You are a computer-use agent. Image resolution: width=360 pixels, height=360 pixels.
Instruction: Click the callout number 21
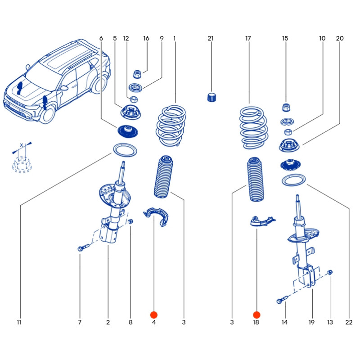[x=210, y=39]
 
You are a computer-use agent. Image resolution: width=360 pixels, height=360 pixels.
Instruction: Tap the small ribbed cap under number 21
[x=212, y=97]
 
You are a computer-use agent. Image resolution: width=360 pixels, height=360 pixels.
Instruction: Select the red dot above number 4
[x=154, y=315]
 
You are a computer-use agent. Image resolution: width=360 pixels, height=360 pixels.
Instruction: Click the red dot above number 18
[x=256, y=315]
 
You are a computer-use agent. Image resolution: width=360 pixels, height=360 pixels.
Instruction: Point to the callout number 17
[x=248, y=39]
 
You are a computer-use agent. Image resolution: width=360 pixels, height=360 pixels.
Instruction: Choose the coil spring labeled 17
[x=252, y=128]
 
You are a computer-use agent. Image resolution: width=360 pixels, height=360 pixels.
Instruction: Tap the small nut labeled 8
[x=130, y=222]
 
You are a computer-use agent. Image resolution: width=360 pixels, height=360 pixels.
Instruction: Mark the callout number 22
[x=349, y=322]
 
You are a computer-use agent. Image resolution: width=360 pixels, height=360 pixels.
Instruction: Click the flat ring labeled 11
[x=124, y=150]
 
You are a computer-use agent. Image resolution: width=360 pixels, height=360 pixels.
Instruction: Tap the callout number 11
[x=19, y=322]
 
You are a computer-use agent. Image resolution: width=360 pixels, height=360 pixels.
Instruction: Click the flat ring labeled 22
[x=294, y=180]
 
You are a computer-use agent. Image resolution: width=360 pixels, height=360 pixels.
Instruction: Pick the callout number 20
[x=339, y=39]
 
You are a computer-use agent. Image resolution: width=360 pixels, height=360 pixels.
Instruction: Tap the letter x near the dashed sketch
[x=21, y=145]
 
